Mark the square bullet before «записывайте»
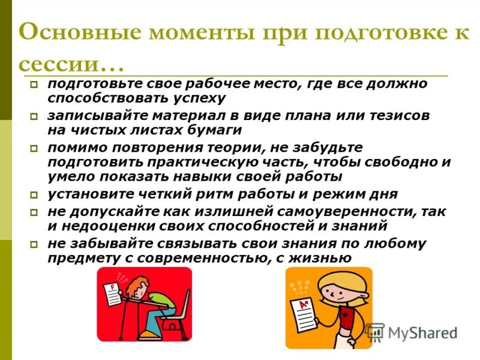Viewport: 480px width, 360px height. (35, 116)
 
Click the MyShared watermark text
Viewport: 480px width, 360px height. (422, 332)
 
